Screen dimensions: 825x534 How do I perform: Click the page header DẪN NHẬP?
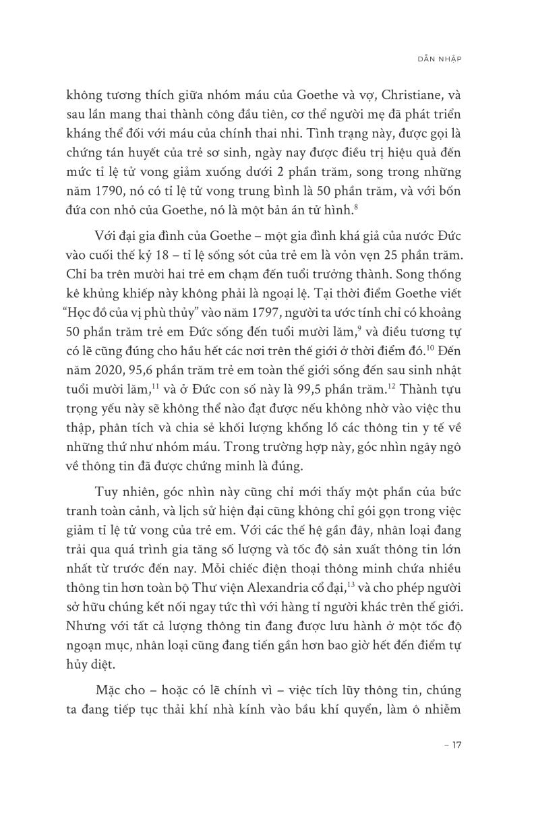(440, 59)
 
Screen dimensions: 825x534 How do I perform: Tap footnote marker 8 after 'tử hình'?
(357, 206)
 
